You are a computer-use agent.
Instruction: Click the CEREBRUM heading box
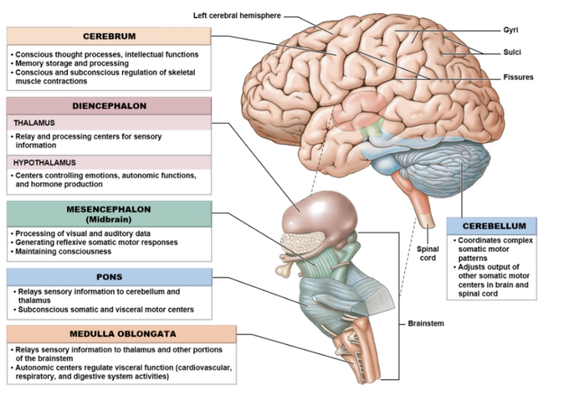coord(109,36)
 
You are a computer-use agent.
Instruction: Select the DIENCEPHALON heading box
coord(109,106)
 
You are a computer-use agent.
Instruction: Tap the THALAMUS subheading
coord(31,123)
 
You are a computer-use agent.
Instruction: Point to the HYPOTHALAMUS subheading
coord(40,163)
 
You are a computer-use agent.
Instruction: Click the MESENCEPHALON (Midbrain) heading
coord(109,213)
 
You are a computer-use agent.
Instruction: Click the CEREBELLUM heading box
coord(491,226)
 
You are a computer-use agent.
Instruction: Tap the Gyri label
coord(512,30)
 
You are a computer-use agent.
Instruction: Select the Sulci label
coord(513,52)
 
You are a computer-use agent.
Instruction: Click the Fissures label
coord(518,77)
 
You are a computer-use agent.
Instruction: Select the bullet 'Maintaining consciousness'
coord(63,251)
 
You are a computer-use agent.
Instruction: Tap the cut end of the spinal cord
coord(428,221)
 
